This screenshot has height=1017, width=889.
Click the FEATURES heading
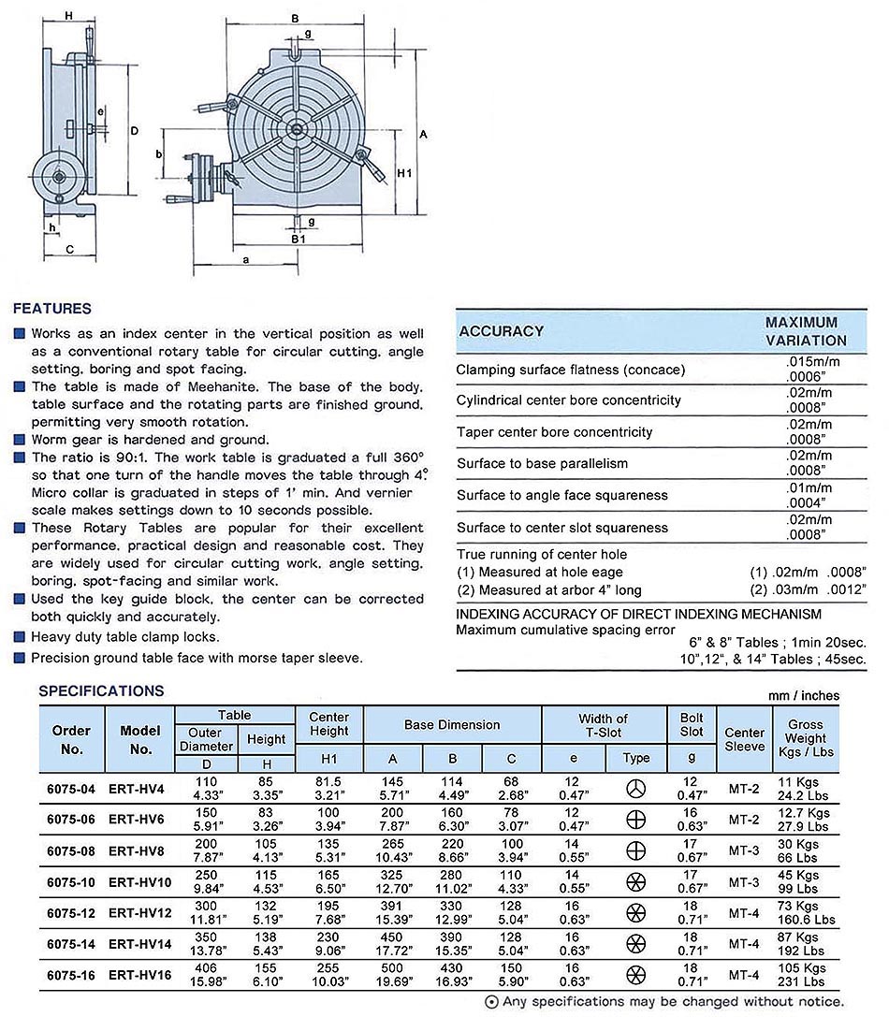click(x=52, y=309)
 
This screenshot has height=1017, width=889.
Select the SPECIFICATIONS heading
click(x=101, y=691)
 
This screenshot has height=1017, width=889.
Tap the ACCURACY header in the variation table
click(x=502, y=331)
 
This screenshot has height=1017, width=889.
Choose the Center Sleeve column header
click(x=745, y=739)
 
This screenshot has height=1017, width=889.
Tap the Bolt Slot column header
click(x=692, y=725)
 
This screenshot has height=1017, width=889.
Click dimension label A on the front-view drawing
click(x=424, y=135)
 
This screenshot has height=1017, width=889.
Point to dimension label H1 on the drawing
click(x=404, y=174)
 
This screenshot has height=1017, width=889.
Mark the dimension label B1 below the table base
click(x=298, y=240)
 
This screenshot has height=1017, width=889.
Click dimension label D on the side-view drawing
click(x=134, y=130)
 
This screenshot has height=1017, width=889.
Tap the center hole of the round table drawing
click(x=296, y=130)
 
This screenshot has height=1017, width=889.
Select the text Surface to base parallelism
click(x=542, y=464)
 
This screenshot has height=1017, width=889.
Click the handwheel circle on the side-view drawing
click(x=58, y=176)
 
